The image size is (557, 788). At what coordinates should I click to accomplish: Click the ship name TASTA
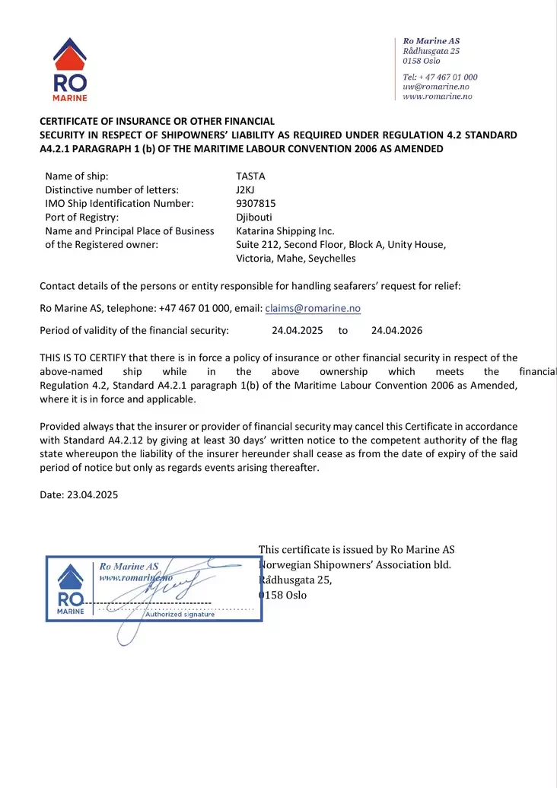coord(250,176)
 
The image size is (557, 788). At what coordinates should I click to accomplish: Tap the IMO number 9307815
coord(256,203)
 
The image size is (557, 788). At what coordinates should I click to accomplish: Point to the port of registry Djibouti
coord(254,217)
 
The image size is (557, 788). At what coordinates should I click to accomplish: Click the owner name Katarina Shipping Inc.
coord(285,230)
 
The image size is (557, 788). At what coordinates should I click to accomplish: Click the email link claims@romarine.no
coord(313,308)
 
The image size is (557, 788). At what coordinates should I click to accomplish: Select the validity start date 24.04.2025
coord(298,330)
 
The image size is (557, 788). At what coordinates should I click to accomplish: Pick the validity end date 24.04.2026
coord(396,330)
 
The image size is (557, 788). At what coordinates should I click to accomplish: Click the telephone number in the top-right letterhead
coord(441,77)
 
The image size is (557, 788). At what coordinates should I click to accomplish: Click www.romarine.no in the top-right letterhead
coord(438,97)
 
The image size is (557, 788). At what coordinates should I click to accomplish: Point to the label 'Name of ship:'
coord(77,176)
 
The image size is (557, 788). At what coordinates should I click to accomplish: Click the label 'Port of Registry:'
coord(82,217)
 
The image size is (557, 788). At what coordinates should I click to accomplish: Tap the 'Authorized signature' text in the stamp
coord(180,615)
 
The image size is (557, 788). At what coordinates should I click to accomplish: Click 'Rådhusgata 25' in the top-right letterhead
coord(431,50)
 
